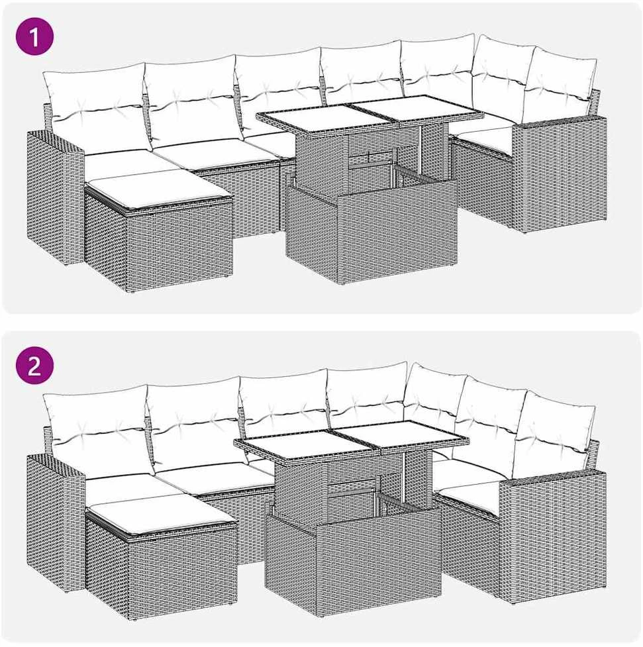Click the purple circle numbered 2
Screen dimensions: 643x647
coord(34,365)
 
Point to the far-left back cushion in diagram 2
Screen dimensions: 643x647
coord(97,430)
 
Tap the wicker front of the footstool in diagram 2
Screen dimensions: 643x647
coord(181,573)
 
